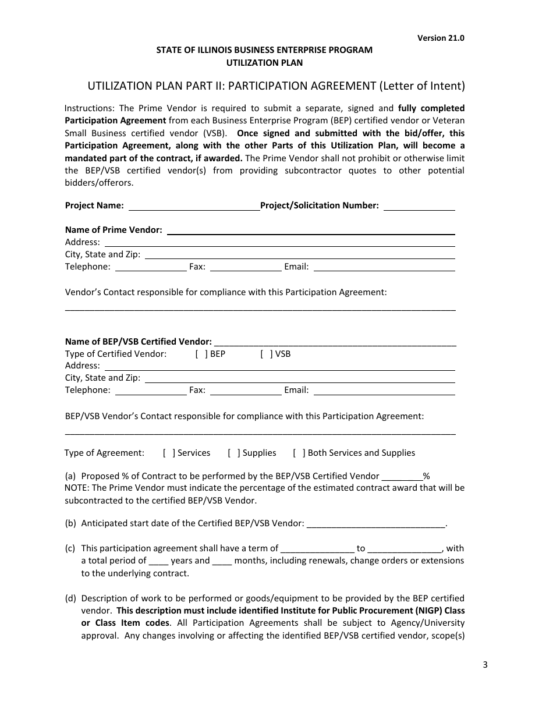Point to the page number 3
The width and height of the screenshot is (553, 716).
point(484,665)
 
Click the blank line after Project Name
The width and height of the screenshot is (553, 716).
point(193,206)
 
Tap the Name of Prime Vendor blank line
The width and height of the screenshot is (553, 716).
point(311,231)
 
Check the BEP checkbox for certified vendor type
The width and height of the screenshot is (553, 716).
point(201,353)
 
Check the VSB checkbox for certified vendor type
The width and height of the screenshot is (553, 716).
point(267,353)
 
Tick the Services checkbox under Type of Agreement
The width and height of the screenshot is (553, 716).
point(169,453)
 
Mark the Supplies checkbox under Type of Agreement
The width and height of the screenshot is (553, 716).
point(234,453)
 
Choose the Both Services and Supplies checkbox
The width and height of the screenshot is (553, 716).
point(299,453)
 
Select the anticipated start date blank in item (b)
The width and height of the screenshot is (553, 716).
point(375,524)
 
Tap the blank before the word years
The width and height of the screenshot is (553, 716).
point(158,561)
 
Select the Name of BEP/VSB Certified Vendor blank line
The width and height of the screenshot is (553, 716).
point(335,342)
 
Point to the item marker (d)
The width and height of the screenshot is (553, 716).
point(70,598)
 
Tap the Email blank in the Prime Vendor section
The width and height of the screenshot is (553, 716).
point(384,267)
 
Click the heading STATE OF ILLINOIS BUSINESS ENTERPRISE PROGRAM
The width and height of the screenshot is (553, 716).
point(264,50)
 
